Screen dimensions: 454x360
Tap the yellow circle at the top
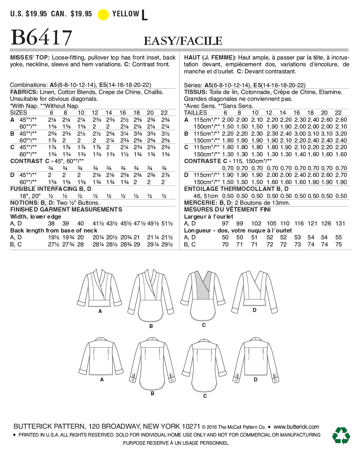(103, 15)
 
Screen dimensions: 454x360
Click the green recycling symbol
(341, 435)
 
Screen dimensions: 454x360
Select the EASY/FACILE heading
(183, 41)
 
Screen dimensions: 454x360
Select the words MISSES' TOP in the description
(30, 57)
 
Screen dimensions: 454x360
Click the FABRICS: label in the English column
(24, 92)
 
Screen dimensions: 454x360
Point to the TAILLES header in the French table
(195, 113)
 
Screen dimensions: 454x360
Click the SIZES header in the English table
(19, 113)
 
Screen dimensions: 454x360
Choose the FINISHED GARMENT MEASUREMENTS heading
(66, 209)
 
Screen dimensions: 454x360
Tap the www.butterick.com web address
(296, 427)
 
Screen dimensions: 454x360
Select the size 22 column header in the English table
(164, 113)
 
